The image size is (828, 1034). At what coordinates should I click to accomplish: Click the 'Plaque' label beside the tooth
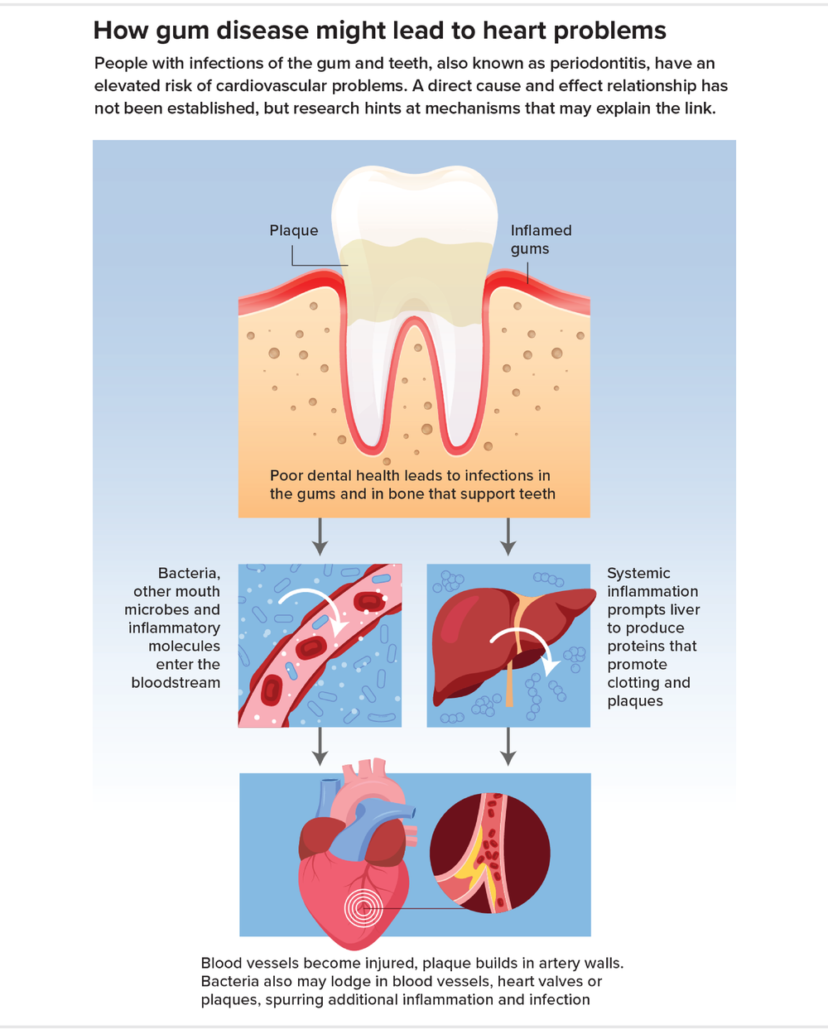pyautogui.click(x=293, y=231)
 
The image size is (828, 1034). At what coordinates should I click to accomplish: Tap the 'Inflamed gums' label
pyautogui.click(x=540, y=239)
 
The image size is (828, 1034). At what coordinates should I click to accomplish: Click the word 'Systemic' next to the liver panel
pyautogui.click(x=638, y=574)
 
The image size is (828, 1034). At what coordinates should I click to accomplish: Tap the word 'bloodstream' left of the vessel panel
pyautogui.click(x=176, y=683)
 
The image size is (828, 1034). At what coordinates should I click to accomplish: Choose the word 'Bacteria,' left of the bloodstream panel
pyautogui.click(x=189, y=574)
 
